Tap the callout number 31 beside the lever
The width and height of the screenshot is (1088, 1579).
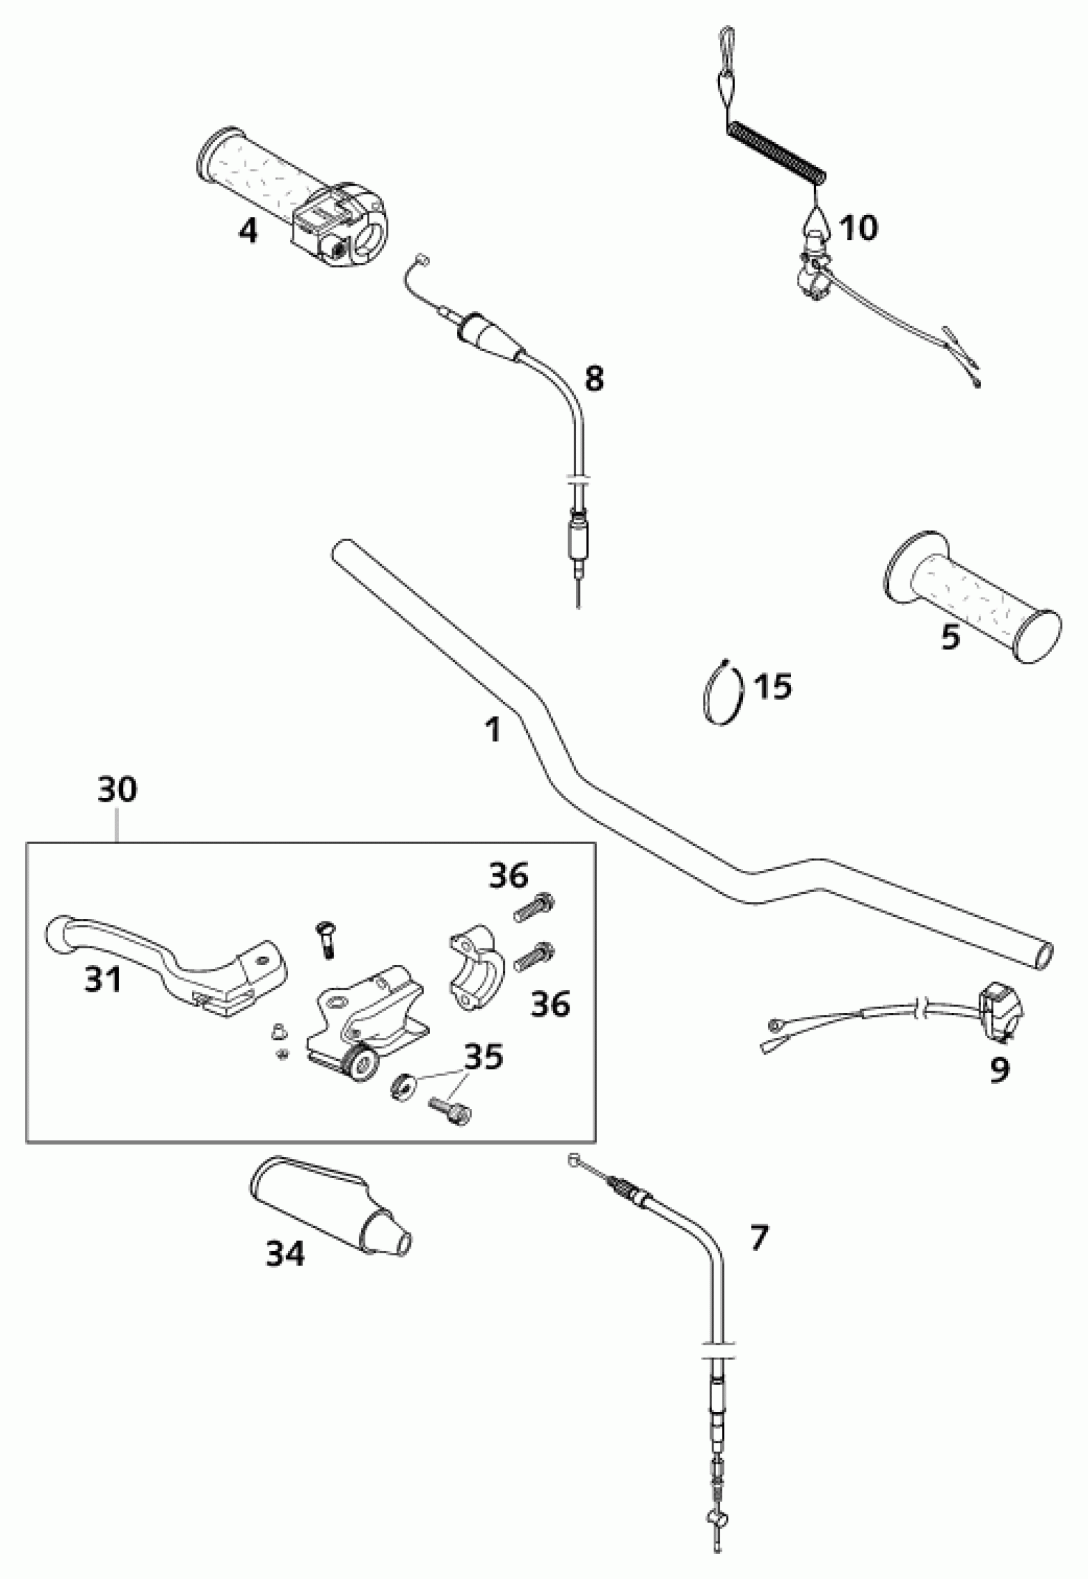tap(103, 980)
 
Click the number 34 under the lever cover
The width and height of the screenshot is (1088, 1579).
tap(285, 1254)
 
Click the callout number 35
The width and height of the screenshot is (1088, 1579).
tap(484, 1057)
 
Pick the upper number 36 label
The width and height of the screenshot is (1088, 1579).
tap(509, 875)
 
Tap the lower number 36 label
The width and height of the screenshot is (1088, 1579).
tap(550, 1004)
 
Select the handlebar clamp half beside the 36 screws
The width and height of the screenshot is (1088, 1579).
tap(472, 959)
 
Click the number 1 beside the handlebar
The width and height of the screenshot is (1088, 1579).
tap(493, 729)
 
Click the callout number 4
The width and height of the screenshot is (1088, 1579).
tap(248, 231)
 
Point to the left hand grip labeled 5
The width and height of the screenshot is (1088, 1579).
tap(972, 597)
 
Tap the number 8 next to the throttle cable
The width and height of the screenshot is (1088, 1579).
tap(595, 378)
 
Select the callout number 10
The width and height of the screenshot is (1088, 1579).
tap(858, 228)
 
